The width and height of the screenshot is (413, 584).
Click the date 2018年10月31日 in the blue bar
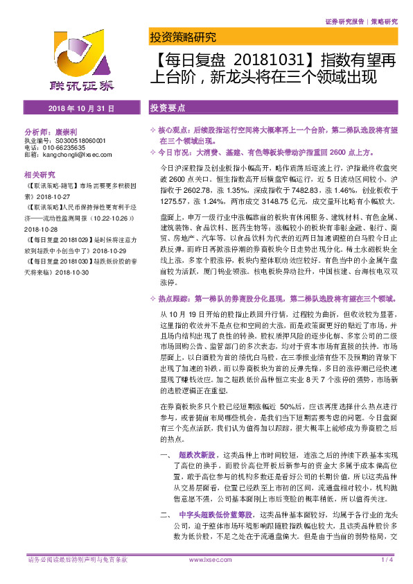tap(76, 110)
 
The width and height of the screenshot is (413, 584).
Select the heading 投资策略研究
tap(183, 37)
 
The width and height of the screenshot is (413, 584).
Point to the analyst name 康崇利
tap(69, 131)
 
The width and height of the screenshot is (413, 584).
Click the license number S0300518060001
tap(80, 139)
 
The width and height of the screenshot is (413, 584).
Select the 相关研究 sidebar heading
tap(39, 174)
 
